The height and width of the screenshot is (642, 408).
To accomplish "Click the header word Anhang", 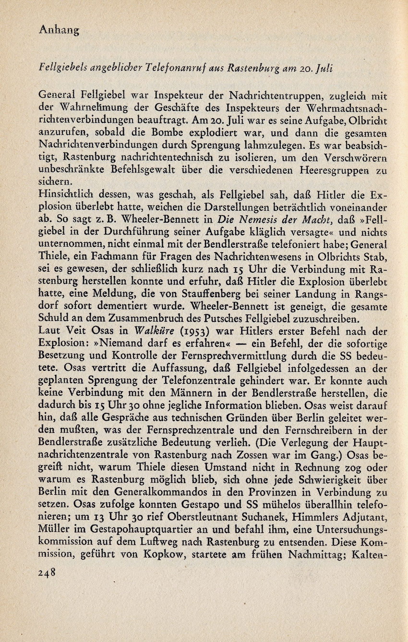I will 59,31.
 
